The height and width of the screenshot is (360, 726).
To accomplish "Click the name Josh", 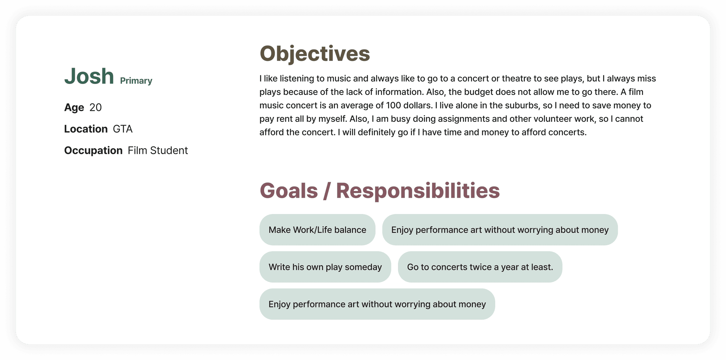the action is coord(89,76).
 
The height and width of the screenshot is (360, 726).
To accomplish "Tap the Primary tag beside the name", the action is coord(136,81).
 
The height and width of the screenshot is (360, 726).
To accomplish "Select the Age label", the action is coord(74,107).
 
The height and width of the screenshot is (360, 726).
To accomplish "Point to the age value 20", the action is coord(95,107).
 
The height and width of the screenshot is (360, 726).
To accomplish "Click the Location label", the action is coord(86,129).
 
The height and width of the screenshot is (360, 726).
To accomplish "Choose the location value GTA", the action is coord(123,129).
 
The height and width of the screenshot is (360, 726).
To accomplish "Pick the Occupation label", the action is coord(93,151).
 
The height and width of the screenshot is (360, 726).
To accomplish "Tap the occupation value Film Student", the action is coord(158,150).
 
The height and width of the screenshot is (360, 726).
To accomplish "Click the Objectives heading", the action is coord(315,54).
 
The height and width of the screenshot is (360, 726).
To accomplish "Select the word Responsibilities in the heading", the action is coord(418,191).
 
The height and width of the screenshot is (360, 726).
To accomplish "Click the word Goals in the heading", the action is coord(289,191).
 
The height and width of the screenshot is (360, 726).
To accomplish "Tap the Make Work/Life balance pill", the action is coord(317,230).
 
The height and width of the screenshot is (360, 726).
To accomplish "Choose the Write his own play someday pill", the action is coord(325,267).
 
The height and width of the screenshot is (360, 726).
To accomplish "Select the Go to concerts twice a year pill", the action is coord(480,267).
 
